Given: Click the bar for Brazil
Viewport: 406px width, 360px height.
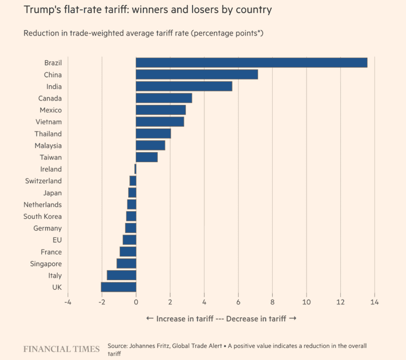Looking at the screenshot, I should (251, 63).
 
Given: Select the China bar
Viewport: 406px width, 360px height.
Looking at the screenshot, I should (197, 74).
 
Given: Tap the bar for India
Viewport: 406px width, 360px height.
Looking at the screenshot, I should (184, 86).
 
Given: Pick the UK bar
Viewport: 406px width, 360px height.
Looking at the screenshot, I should (118, 287).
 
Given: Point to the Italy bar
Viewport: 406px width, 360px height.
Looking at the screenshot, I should (122, 275).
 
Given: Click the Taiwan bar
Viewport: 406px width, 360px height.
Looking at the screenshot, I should (147, 157).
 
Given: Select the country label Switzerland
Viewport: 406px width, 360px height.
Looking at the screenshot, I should (43, 181).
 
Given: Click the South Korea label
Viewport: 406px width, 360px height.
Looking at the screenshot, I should (43, 216).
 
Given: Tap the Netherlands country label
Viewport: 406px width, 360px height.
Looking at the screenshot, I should (43, 204).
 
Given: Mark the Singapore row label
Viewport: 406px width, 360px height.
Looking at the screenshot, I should (45, 263).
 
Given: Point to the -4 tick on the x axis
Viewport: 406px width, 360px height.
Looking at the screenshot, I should (67, 302).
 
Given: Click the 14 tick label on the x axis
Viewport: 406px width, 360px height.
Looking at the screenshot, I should (374, 302).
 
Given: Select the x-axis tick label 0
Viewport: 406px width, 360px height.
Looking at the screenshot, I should (136, 302).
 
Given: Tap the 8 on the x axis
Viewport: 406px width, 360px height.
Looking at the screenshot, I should (272, 302).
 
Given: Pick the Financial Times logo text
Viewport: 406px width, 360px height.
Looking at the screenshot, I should (61, 349).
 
